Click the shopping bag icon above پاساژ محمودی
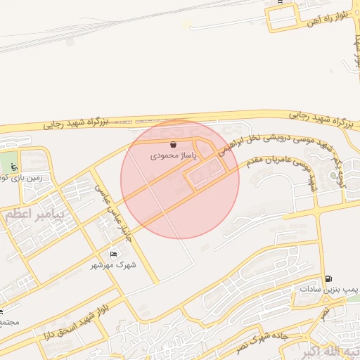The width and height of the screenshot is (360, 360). point(173,145)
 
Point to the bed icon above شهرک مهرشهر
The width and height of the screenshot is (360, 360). point(114,254)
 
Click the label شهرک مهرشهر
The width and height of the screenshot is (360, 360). point(114,265)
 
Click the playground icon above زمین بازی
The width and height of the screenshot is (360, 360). point(15,167)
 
